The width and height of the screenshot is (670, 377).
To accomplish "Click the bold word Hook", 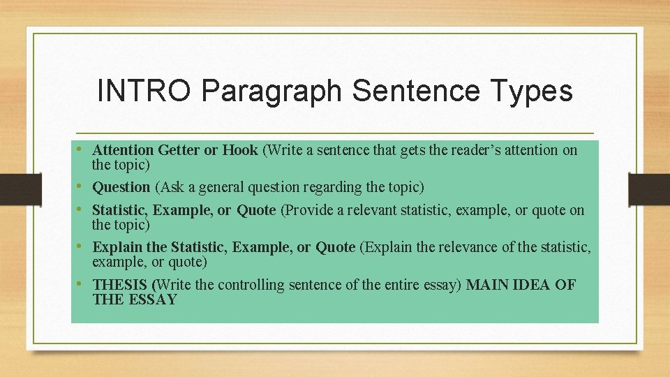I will pyautogui.click(x=240, y=149).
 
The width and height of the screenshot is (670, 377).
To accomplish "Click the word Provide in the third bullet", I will pyautogui.click(x=309, y=210).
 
